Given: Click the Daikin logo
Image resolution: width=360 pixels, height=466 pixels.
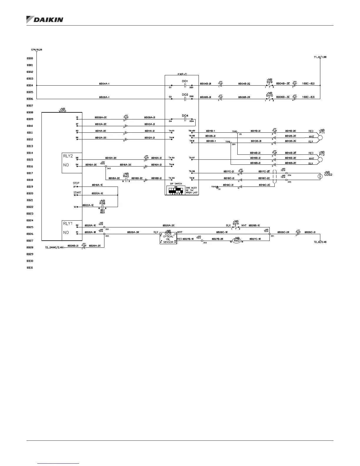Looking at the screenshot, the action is pos(45,19).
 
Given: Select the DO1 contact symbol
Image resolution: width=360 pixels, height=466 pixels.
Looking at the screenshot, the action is pos(185,86).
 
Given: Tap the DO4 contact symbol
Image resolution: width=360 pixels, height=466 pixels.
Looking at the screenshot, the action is pos(185,119).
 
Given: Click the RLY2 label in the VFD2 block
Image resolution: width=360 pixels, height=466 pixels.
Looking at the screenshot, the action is pos(68,156).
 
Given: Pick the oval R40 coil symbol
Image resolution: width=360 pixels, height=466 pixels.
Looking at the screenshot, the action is pos(236,240).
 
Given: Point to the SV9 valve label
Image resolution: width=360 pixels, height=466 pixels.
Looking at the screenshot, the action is pos(269,81).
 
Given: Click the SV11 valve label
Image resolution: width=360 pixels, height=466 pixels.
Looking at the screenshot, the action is pos(236,223).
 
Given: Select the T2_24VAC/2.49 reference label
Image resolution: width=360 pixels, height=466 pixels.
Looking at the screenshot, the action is pos(54,248).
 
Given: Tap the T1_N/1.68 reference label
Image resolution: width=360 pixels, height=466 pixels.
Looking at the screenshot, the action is pos(320,57).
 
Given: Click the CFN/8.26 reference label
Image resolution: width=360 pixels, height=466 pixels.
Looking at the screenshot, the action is pos(37,50).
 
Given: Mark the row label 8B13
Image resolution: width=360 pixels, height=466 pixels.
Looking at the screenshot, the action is pos(30,146).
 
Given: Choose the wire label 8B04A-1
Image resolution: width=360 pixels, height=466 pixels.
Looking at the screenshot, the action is pos(104,84).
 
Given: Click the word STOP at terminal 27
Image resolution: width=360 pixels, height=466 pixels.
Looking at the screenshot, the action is pos(76,183).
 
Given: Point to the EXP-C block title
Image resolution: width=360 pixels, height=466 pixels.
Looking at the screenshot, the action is pos(182,74).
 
